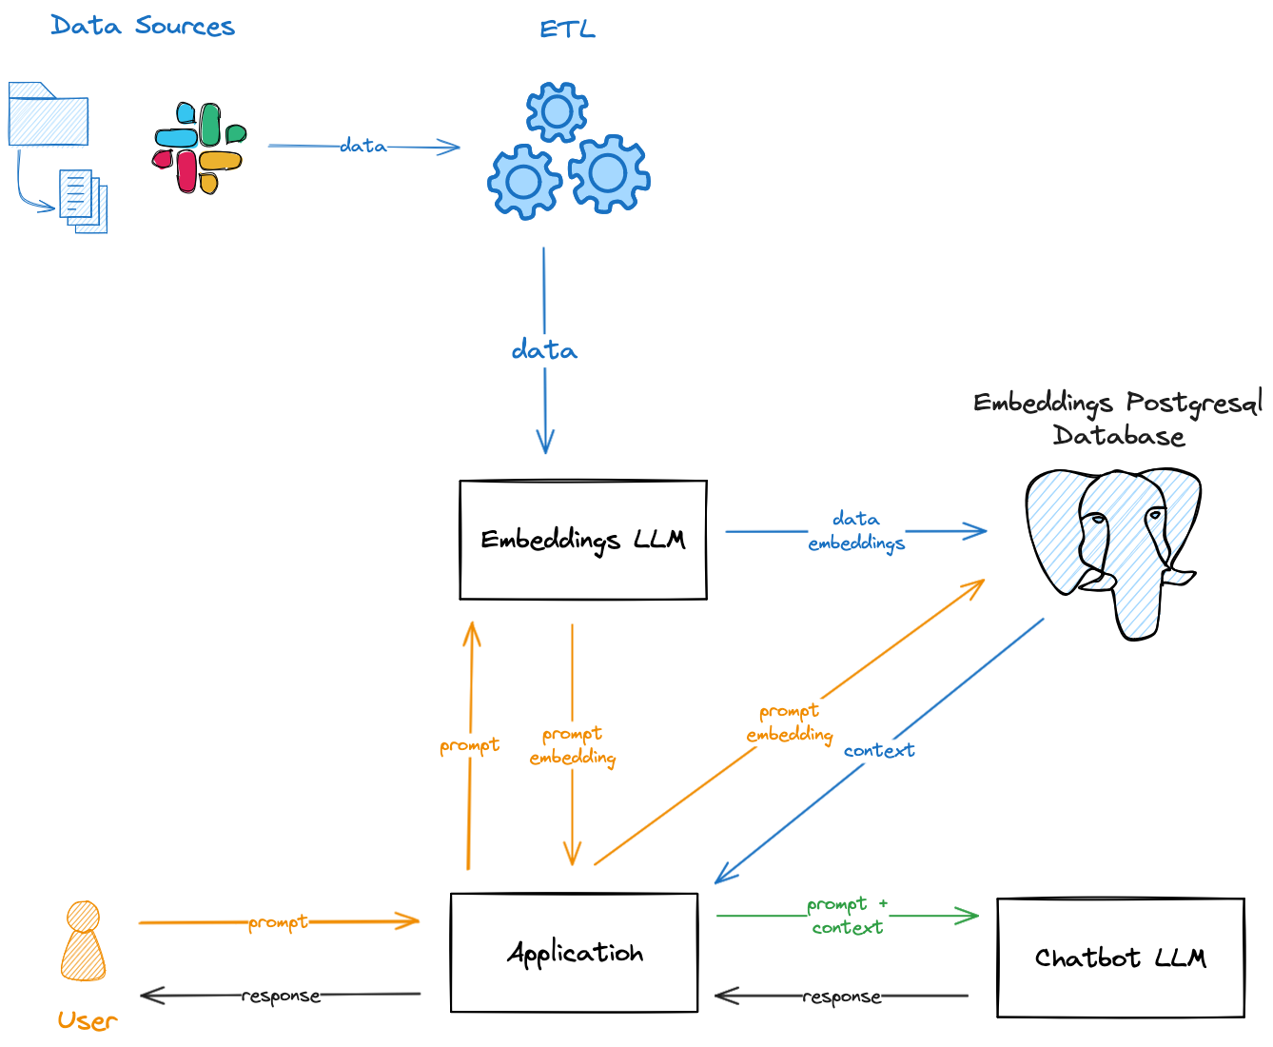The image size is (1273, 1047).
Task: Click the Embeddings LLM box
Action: (582, 540)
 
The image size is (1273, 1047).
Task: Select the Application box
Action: (574, 953)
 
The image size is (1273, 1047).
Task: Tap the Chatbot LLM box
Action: (1120, 958)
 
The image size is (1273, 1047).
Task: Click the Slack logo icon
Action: (200, 148)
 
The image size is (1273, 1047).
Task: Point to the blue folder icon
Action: (48, 114)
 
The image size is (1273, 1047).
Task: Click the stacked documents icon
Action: (84, 201)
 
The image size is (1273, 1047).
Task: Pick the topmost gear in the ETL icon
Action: (557, 112)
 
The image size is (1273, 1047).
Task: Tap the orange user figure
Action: (84, 941)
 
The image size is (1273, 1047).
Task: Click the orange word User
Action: (87, 1021)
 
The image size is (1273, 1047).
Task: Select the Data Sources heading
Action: (143, 26)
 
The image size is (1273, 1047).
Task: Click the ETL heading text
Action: (567, 30)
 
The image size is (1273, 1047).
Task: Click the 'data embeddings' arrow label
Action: (856, 531)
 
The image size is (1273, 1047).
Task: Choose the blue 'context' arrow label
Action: (879, 751)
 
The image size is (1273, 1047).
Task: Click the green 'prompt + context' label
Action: (847, 916)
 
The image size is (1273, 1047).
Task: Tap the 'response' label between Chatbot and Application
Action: (841, 997)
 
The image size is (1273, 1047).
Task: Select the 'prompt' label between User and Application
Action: (278, 922)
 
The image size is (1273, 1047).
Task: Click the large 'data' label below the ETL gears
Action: (544, 350)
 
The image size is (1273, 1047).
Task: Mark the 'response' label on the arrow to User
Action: (281, 996)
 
